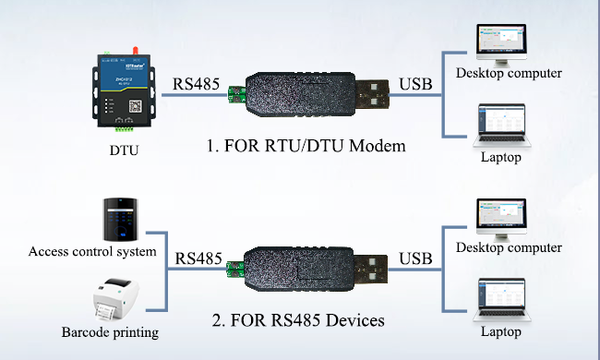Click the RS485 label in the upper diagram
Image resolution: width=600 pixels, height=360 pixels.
click(x=197, y=86)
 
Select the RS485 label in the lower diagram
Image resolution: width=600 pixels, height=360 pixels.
click(x=198, y=257)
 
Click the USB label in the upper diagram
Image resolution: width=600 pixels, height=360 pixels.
click(x=415, y=86)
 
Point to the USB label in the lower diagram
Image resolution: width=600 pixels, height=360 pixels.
click(x=415, y=257)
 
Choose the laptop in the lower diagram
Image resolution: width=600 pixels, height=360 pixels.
click(x=501, y=301)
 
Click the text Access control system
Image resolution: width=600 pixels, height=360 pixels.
click(x=92, y=251)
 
